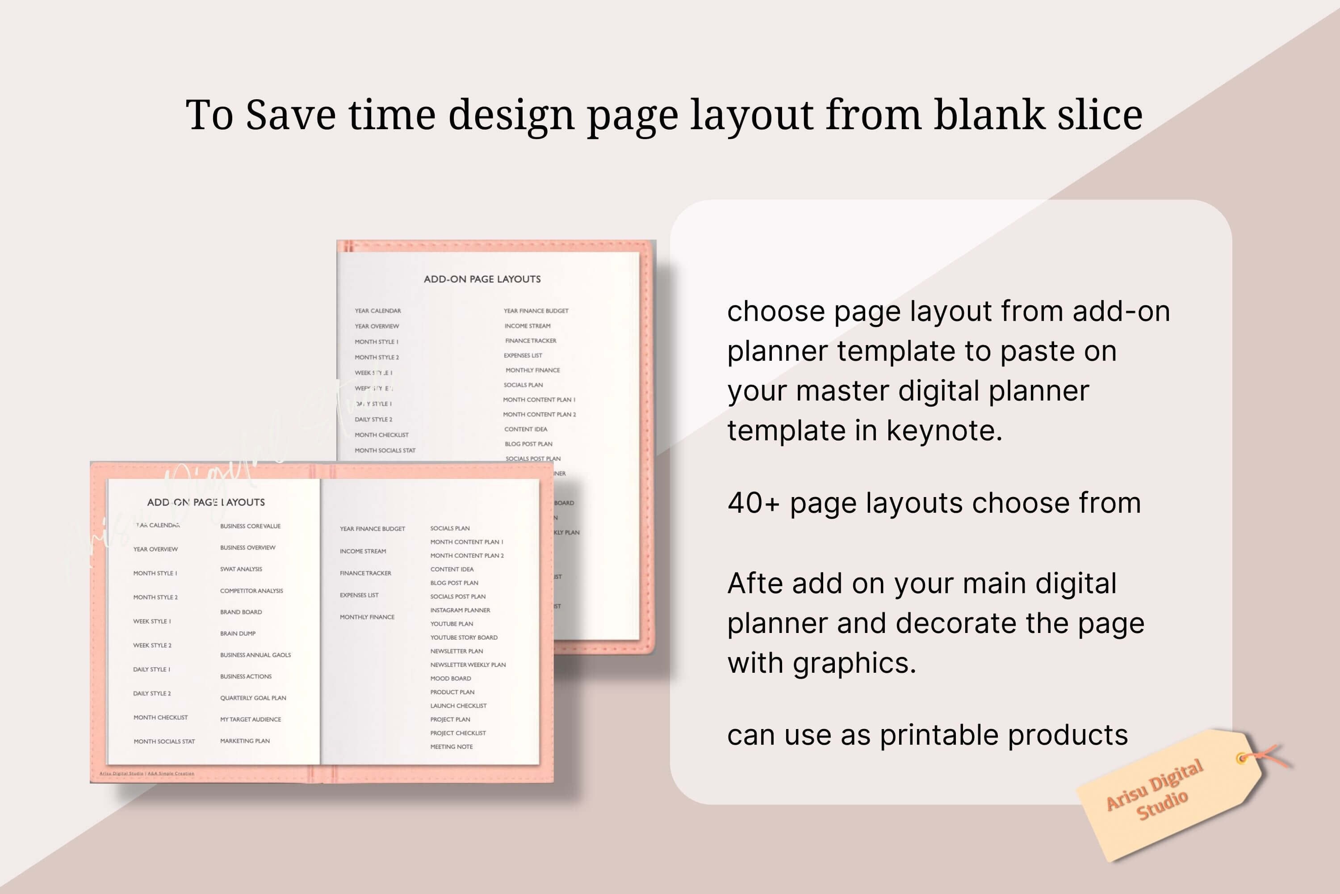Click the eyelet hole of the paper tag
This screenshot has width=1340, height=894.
1241,758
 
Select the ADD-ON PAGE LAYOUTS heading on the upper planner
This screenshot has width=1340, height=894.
482,279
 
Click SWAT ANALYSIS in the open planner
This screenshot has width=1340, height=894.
241,569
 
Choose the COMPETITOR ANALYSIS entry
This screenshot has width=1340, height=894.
251,590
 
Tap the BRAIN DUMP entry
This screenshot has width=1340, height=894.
238,633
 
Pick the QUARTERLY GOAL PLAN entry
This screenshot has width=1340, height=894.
253,698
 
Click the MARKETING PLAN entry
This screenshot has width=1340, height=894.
245,741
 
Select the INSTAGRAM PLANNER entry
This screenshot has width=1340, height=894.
460,610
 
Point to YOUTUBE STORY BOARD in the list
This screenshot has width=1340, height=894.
464,637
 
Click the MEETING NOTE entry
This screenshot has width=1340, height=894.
451,746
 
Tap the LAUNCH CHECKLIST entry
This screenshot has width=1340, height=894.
458,706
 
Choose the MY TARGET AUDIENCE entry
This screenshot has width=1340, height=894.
250,720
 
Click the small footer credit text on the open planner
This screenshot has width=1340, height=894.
147,774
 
